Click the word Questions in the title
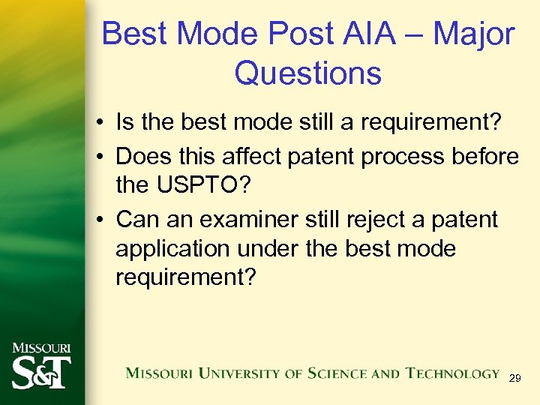[x=307, y=73]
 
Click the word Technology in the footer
[x=453, y=373]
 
